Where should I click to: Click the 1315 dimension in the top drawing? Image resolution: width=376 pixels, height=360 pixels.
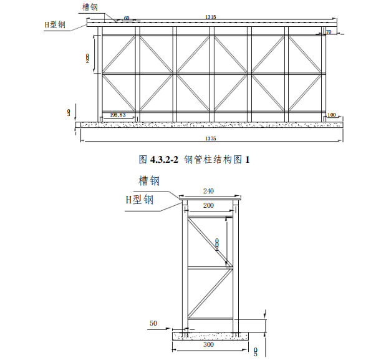(210, 17)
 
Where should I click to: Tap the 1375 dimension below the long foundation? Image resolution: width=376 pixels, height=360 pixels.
(210, 137)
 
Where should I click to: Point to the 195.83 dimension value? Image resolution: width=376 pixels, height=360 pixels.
(117, 115)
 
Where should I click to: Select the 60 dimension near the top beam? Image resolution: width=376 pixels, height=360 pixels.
(127, 18)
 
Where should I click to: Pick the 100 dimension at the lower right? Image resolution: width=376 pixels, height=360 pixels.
(331, 115)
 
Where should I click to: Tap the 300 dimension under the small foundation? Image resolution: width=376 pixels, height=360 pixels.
(208, 344)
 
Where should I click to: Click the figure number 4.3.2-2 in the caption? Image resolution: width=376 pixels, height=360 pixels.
(164, 159)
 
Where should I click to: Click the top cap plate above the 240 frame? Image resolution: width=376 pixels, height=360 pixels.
(210, 198)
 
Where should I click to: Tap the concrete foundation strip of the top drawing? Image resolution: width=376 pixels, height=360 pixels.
(209, 125)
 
